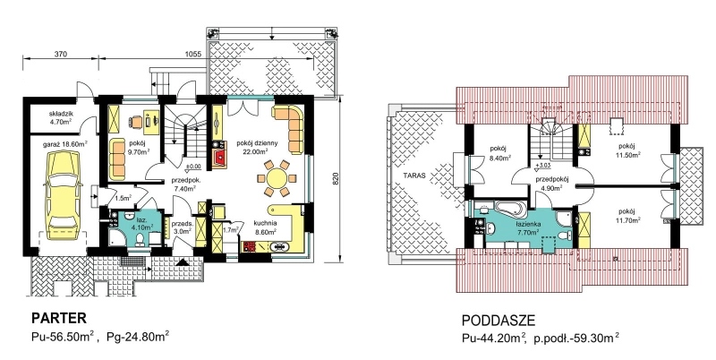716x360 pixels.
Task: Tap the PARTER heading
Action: click(x=58, y=318)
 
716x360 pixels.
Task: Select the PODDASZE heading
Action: click(x=499, y=321)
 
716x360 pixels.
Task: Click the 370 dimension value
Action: click(x=61, y=54)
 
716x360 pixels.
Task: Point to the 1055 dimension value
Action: click(x=192, y=54)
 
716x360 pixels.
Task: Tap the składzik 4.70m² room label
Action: click(x=61, y=117)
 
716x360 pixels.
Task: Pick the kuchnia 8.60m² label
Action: click(x=265, y=227)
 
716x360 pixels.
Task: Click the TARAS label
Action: click(x=413, y=175)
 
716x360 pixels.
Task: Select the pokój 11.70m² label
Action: click(x=627, y=215)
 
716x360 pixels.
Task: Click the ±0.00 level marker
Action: click(x=193, y=166)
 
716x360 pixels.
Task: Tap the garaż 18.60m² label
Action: click(x=64, y=143)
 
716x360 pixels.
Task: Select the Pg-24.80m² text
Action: click(x=138, y=338)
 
